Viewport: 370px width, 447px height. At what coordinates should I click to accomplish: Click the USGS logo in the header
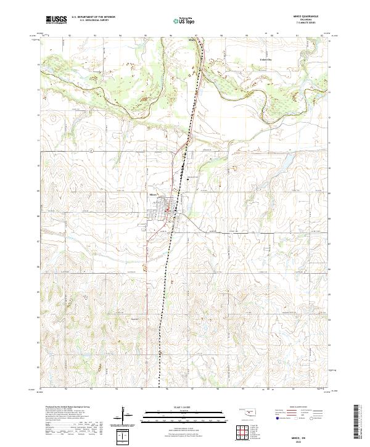pyautogui.click(x=56, y=19)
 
